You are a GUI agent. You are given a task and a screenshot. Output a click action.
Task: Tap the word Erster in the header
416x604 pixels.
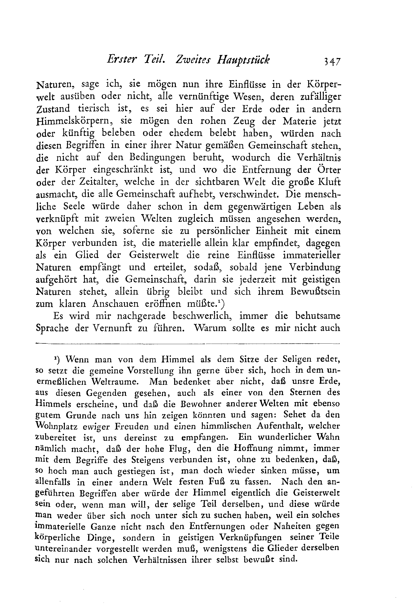click(x=121, y=60)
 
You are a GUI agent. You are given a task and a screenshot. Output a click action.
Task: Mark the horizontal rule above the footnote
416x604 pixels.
click(x=188, y=343)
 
